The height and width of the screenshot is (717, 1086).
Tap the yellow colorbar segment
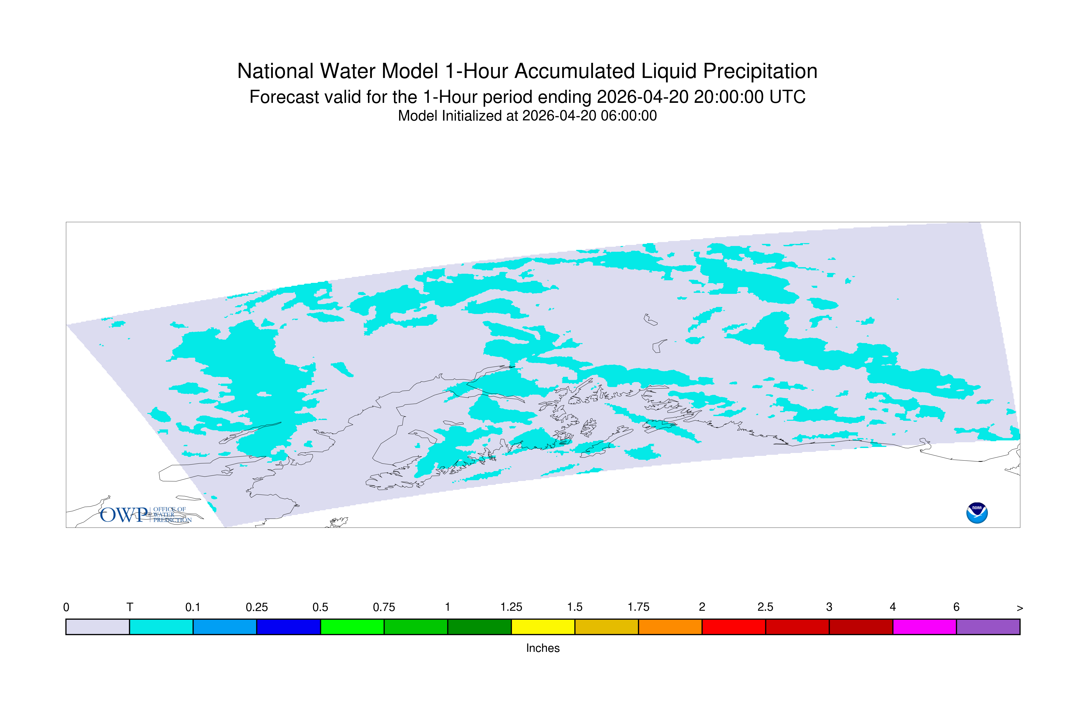543,627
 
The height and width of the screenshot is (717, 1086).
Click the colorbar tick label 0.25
256,607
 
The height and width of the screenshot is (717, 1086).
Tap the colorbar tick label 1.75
638,607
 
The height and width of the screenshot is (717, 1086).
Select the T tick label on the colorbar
130,607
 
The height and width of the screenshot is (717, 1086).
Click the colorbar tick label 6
956,607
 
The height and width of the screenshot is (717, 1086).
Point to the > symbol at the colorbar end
1020,608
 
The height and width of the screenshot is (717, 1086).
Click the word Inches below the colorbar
543,648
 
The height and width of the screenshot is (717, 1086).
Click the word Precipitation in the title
760,72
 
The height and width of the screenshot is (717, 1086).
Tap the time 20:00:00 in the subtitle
729,97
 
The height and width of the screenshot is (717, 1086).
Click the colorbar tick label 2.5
765,607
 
